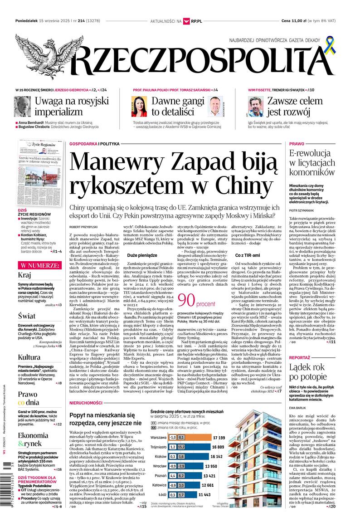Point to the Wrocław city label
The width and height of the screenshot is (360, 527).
coord(159,466)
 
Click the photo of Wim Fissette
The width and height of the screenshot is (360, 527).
coord(256,107)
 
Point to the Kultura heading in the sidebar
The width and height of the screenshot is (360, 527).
coord(30,357)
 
